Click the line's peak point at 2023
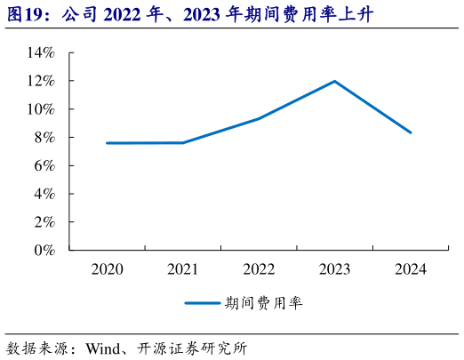(x=334, y=82)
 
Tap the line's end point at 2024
(x=411, y=132)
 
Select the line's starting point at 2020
(x=107, y=143)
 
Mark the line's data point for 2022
(x=259, y=118)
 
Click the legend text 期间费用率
(x=264, y=303)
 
